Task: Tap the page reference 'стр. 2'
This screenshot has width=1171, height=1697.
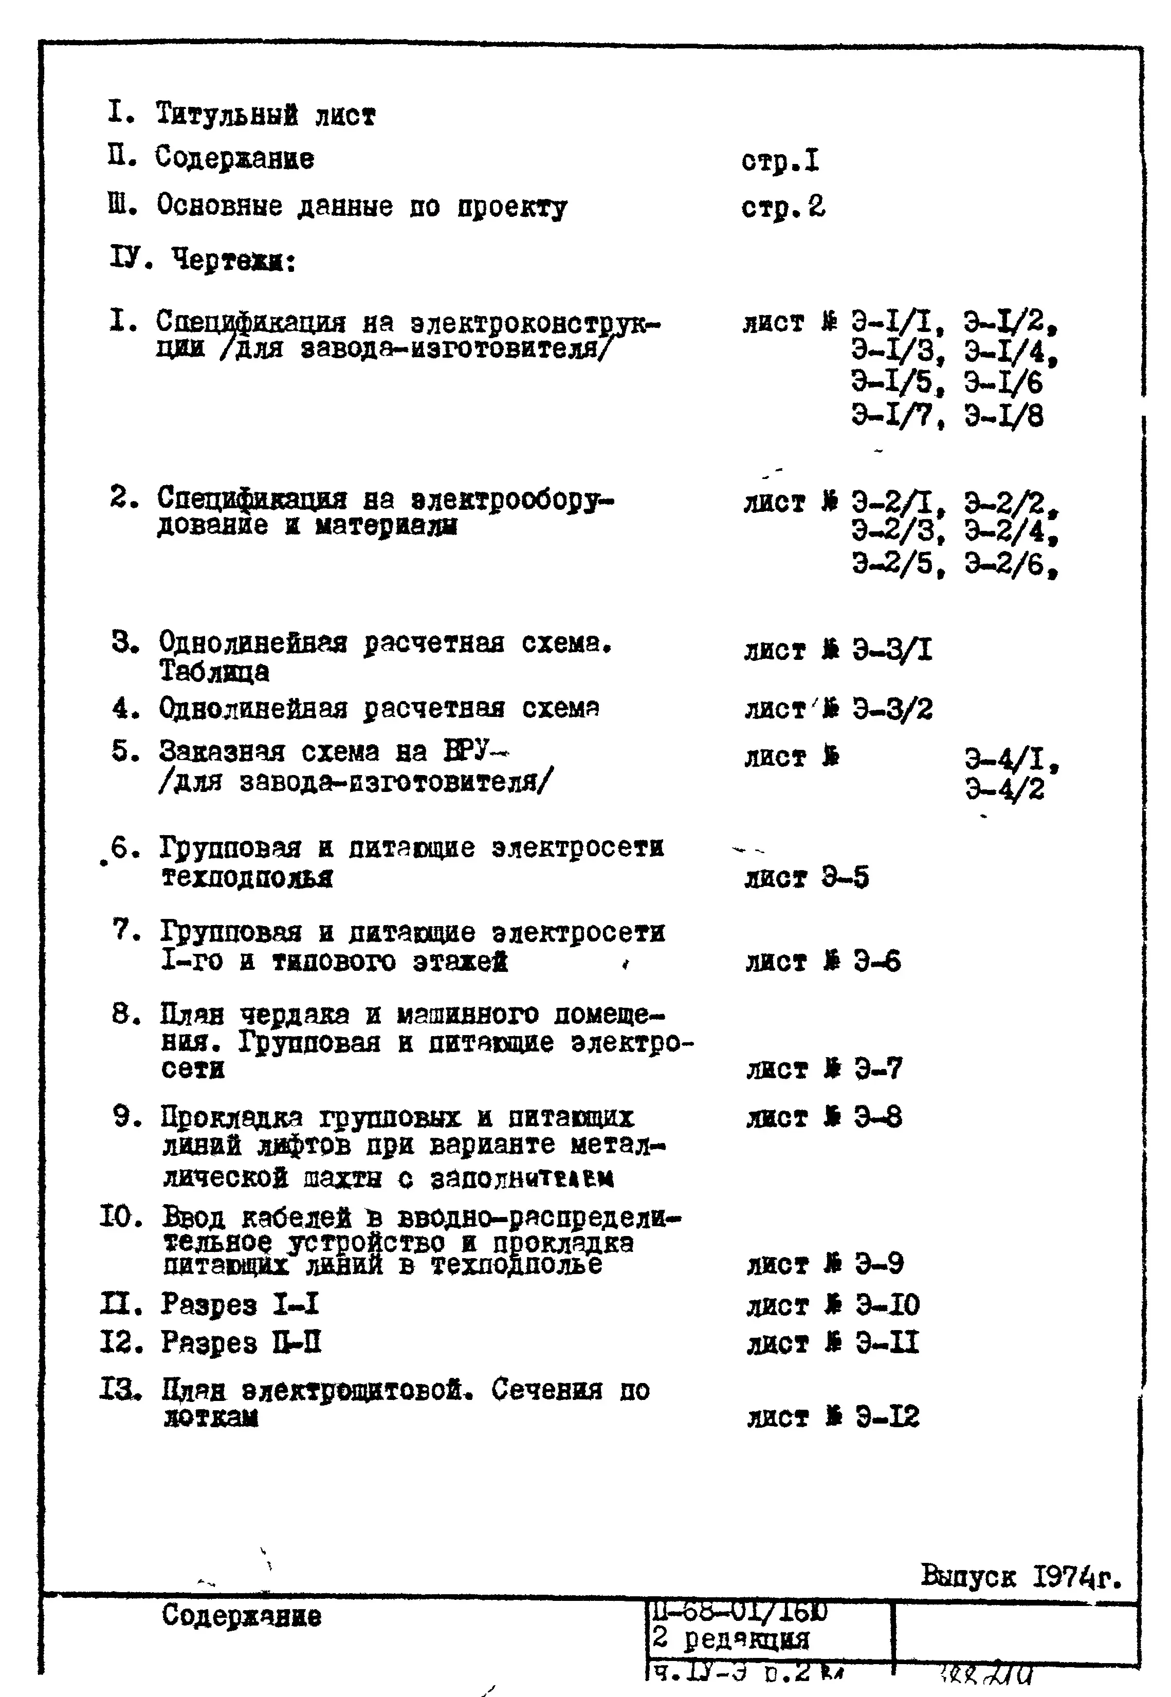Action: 783,208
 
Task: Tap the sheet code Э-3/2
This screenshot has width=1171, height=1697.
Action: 892,709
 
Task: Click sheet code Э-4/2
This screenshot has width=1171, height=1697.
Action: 1004,789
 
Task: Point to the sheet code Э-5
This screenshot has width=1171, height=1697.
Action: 845,877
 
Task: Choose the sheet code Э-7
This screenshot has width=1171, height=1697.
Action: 878,1068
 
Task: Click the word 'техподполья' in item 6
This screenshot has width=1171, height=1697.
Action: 247,877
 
